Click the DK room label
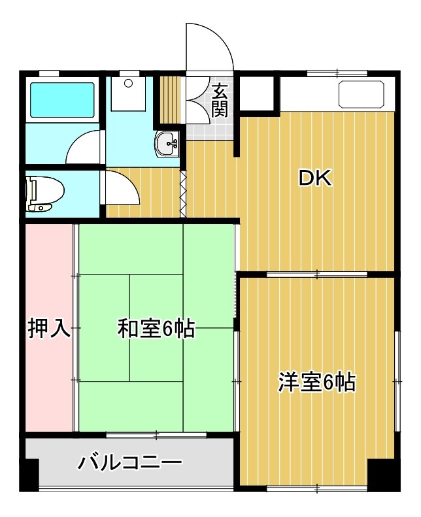pyautogui.click(x=314, y=178)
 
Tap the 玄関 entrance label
pyautogui.click(x=220, y=101)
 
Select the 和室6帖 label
pyautogui.click(x=156, y=328)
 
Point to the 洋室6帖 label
pyautogui.click(x=317, y=382)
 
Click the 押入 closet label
pyautogui.click(x=49, y=328)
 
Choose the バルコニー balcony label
pyautogui.click(x=130, y=463)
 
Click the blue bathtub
pyautogui.click(x=62, y=99)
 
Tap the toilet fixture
pyautogui.click(x=45, y=193)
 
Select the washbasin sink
pyautogui.click(x=167, y=143)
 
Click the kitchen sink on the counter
pyautogui.click(x=362, y=93)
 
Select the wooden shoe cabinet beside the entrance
pyautogui.click(x=170, y=100)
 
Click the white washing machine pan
pyautogui.click(x=128, y=93)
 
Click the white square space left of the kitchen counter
pyautogui.click(x=257, y=93)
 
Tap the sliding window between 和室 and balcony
pyautogui.click(x=156, y=435)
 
